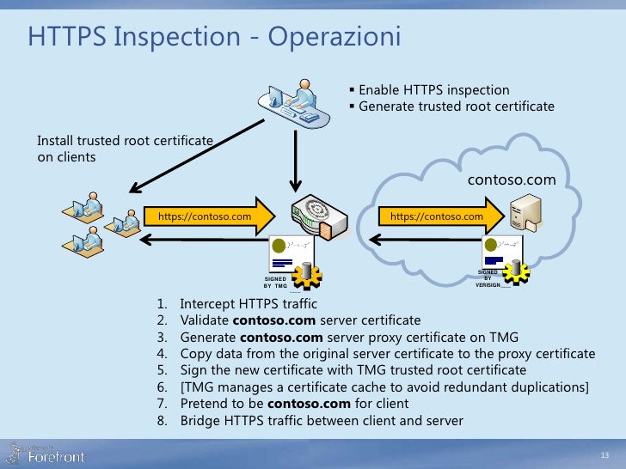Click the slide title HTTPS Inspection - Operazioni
pos(214,38)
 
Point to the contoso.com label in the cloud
pos(511,180)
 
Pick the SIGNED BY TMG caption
pos(275,283)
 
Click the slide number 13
pos(604,454)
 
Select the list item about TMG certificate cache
pos(384,387)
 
